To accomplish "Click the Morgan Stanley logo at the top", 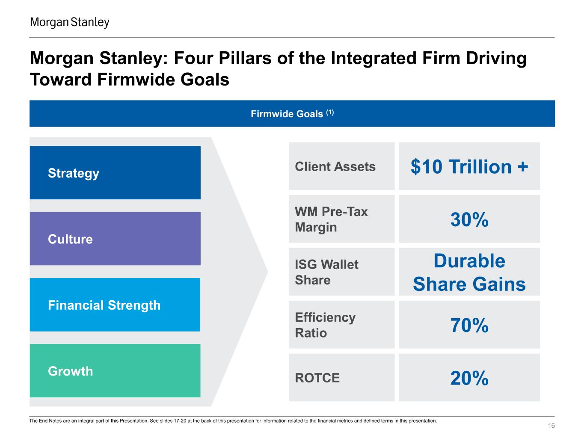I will (x=70, y=22).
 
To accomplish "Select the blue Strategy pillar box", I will (x=115, y=173).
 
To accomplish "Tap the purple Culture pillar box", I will (x=115, y=239).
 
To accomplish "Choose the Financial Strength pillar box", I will (x=115, y=305).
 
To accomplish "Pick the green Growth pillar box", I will (x=115, y=371).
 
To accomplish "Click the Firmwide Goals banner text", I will (x=287, y=114).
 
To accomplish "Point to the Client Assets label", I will (x=335, y=166).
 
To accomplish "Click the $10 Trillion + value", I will (x=469, y=166).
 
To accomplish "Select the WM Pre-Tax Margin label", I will (x=331, y=219).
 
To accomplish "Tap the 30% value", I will (x=469, y=220).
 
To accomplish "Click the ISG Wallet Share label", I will (x=326, y=272).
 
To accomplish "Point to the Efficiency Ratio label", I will (x=325, y=325).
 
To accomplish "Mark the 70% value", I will (x=469, y=326).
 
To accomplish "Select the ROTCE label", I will (x=317, y=378).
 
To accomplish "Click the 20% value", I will (x=469, y=379).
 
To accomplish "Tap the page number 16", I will (x=551, y=426).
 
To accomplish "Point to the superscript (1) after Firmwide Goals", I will (x=330, y=112).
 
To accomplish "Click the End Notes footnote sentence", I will (x=233, y=421).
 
